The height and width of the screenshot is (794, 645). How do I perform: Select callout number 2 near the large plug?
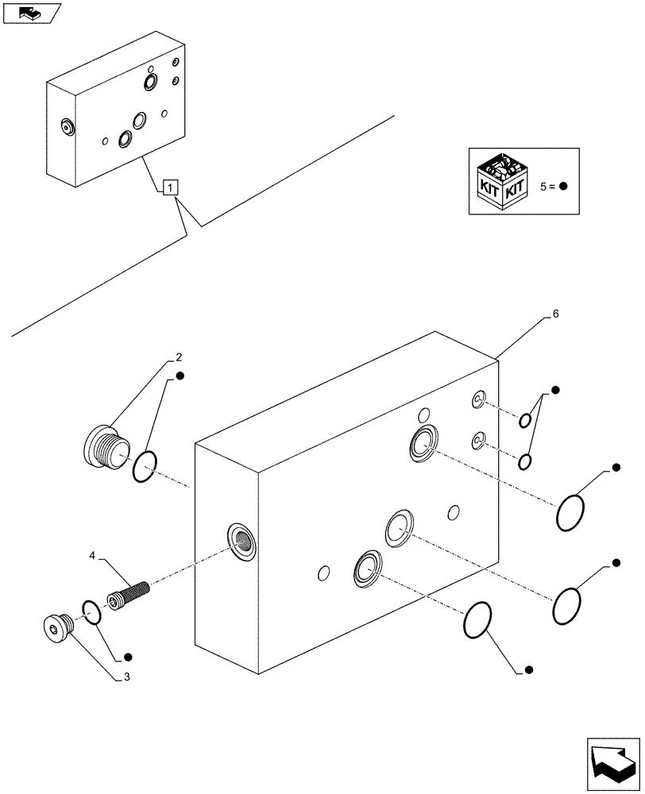coord(180,357)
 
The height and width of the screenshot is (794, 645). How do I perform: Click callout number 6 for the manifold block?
coord(555,314)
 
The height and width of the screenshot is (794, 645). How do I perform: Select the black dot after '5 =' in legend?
coord(562,187)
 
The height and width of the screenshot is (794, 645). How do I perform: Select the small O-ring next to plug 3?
coord(91,612)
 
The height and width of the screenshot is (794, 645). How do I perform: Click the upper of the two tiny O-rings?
coord(525,420)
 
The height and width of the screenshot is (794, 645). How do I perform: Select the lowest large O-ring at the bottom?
coord(479,619)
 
